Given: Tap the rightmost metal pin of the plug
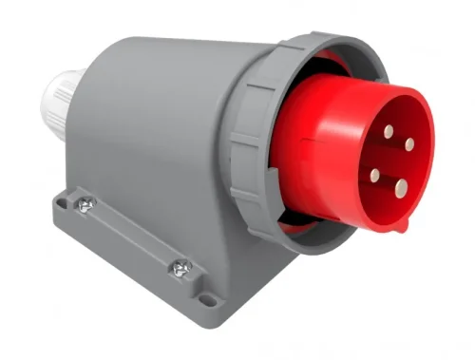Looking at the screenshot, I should (x=409, y=144).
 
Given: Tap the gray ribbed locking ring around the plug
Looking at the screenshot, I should (x=249, y=142).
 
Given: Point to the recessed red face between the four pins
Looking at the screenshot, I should (x=391, y=160).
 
